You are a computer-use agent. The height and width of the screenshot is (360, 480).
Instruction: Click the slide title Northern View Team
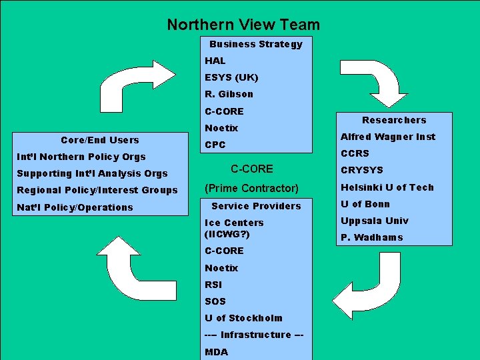click(243, 25)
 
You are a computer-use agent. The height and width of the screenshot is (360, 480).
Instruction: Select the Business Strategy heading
click(256, 44)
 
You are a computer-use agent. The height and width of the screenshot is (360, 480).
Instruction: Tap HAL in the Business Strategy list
click(215, 61)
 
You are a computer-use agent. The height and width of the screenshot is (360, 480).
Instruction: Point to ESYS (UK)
click(231, 77)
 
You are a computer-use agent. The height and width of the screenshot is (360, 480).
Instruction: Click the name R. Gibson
click(229, 94)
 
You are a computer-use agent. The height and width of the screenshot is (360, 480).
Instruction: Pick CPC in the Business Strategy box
click(215, 145)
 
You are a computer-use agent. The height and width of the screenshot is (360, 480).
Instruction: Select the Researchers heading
click(394, 120)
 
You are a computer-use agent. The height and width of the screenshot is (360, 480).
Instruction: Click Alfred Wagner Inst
click(388, 137)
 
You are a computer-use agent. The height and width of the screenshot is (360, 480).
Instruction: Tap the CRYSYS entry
click(362, 170)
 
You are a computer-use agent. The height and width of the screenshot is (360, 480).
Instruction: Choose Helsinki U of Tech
click(387, 187)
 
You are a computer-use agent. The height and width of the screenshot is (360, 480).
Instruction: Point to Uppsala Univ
click(375, 221)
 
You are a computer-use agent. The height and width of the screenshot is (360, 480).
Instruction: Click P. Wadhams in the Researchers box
click(372, 237)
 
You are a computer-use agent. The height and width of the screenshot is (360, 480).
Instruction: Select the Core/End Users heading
click(100, 140)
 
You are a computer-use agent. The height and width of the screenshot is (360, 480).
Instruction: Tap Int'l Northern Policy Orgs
click(81, 157)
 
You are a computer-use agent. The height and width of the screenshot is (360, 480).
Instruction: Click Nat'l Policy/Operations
click(75, 207)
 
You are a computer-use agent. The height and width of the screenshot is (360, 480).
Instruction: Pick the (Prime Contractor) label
click(251, 188)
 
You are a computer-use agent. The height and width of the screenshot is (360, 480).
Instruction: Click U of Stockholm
click(244, 318)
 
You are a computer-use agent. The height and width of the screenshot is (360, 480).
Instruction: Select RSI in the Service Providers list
click(214, 285)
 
